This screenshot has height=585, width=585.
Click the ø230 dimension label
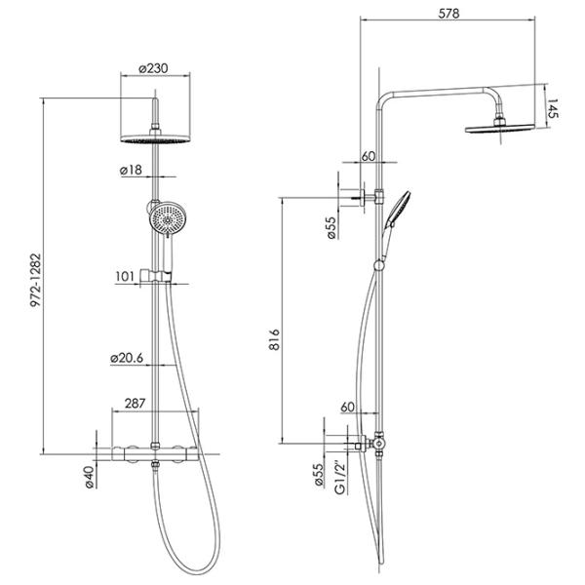point(153,68)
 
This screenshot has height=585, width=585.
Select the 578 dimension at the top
point(448,14)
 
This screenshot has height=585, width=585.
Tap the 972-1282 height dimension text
point(36,280)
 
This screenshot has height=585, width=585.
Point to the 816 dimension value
point(274,339)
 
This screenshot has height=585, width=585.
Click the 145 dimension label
point(553,108)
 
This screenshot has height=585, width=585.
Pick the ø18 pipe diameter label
point(131,170)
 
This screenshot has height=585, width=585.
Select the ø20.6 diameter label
point(127,358)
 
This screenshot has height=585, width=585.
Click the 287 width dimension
point(135,404)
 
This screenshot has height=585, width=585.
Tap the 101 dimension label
point(125,277)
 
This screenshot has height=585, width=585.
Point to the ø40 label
point(89,477)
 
